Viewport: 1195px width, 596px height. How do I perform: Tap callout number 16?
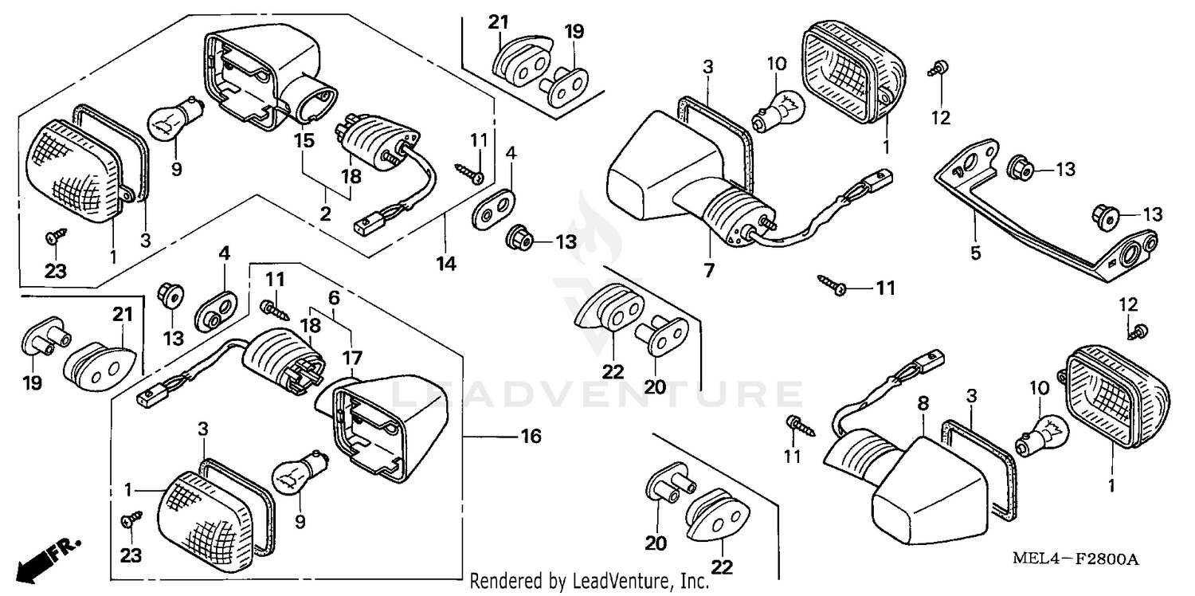tap(531, 436)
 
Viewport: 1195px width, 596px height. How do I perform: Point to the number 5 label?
tap(975, 253)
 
